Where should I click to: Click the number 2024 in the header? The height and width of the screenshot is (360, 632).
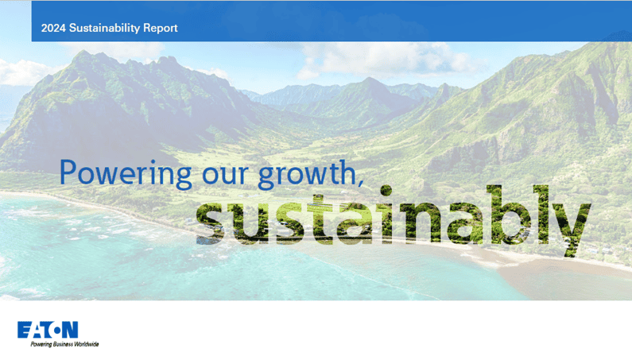click(x=53, y=29)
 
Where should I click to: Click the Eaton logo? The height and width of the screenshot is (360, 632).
click(x=48, y=329)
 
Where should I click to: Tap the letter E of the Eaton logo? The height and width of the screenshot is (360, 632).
click(x=24, y=329)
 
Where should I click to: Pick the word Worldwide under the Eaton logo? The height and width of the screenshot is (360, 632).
click(x=84, y=344)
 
